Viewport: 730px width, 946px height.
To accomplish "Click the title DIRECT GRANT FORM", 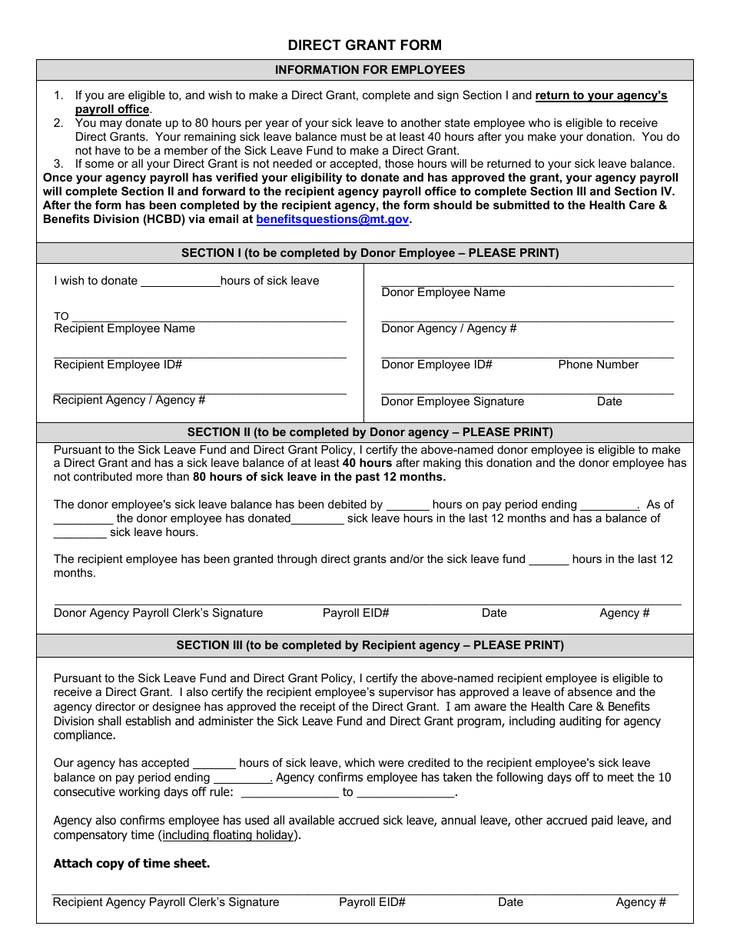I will pyautogui.click(x=364, y=45).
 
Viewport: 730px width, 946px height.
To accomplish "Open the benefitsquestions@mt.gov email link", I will pyautogui.click(x=332, y=219).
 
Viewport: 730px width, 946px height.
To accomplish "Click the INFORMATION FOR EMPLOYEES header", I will pyautogui.click(x=370, y=70).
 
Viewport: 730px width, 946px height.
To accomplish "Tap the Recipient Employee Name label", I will pyautogui.click(x=124, y=329).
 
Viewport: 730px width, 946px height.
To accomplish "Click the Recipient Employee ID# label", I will pyautogui.click(x=118, y=365).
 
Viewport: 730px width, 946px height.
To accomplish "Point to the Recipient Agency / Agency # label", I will pyautogui.click(x=129, y=400).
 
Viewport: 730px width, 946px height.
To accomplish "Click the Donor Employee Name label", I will pyautogui.click(x=443, y=292).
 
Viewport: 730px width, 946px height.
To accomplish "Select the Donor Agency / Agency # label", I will pyautogui.click(x=449, y=329).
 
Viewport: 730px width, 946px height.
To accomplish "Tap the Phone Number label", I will pyautogui.click(x=598, y=365).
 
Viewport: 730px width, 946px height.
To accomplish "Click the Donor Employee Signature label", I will pyautogui.click(x=453, y=401).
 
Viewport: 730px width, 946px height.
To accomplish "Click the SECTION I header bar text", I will pyautogui.click(x=370, y=253).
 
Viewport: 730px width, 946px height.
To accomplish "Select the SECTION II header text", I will pyautogui.click(x=370, y=432).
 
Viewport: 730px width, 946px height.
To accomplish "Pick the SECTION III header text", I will pyautogui.click(x=370, y=645).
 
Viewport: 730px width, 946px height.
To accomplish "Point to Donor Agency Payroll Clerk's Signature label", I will pyautogui.click(x=158, y=613).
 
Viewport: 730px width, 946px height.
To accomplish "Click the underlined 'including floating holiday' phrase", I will pyautogui.click(x=229, y=835).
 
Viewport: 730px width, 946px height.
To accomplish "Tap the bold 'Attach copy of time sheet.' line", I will pyautogui.click(x=131, y=864).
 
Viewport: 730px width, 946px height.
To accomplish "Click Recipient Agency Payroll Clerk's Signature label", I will pyautogui.click(x=166, y=902).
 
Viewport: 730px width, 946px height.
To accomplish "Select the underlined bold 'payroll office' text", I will pyautogui.click(x=111, y=109).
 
